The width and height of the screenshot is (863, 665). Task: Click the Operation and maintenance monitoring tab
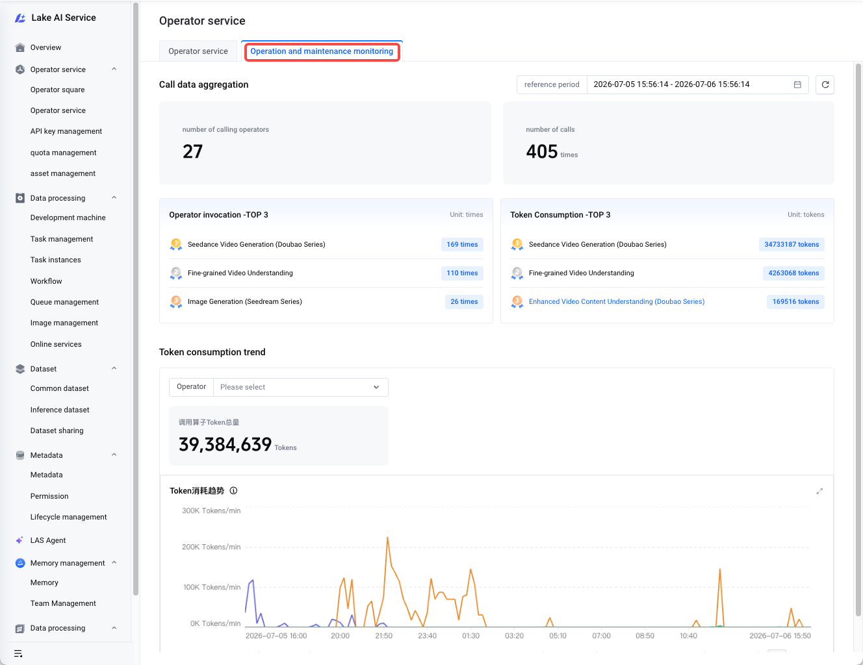(322, 51)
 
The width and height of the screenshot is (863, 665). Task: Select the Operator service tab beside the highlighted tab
(198, 51)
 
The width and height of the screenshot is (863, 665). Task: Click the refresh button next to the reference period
(825, 84)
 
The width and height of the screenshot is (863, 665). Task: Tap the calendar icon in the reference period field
(797, 84)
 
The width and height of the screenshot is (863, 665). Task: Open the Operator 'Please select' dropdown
(300, 387)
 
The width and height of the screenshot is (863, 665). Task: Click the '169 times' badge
(462, 244)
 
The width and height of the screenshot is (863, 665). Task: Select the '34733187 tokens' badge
(792, 244)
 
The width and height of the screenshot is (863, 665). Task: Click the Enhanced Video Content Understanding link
(616, 301)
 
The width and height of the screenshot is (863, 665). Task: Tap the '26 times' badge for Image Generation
(464, 301)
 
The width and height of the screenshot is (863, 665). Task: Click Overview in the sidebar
(45, 47)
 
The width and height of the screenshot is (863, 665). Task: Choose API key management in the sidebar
(66, 131)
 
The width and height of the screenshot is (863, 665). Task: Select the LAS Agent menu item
(48, 540)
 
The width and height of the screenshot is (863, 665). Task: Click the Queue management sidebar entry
(64, 302)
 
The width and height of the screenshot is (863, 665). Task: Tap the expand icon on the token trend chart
(819, 491)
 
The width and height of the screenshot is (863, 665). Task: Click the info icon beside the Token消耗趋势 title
(233, 491)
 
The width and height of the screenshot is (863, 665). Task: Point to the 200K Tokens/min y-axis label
(211, 547)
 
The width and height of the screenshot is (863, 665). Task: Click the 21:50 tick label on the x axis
(383, 636)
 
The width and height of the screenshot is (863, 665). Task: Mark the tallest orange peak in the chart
(387, 537)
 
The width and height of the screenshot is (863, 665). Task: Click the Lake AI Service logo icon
(20, 18)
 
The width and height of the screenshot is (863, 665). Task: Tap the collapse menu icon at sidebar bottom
(18, 653)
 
